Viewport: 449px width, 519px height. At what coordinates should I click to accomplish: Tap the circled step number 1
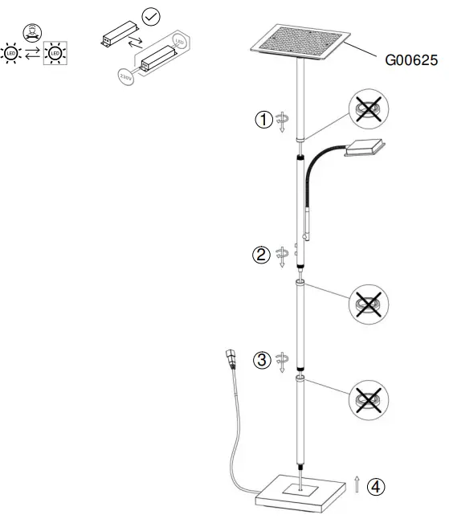point(263,120)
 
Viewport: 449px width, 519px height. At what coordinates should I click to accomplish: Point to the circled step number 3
point(262,360)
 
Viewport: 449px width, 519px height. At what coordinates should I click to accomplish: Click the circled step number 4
point(375,486)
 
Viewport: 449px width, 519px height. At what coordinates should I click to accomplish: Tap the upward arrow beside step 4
point(357,484)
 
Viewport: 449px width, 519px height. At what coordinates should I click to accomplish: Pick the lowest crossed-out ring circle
point(369,401)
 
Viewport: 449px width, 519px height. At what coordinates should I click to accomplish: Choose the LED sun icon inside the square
point(55,53)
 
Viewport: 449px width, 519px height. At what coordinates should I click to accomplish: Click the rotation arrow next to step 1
point(282,122)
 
